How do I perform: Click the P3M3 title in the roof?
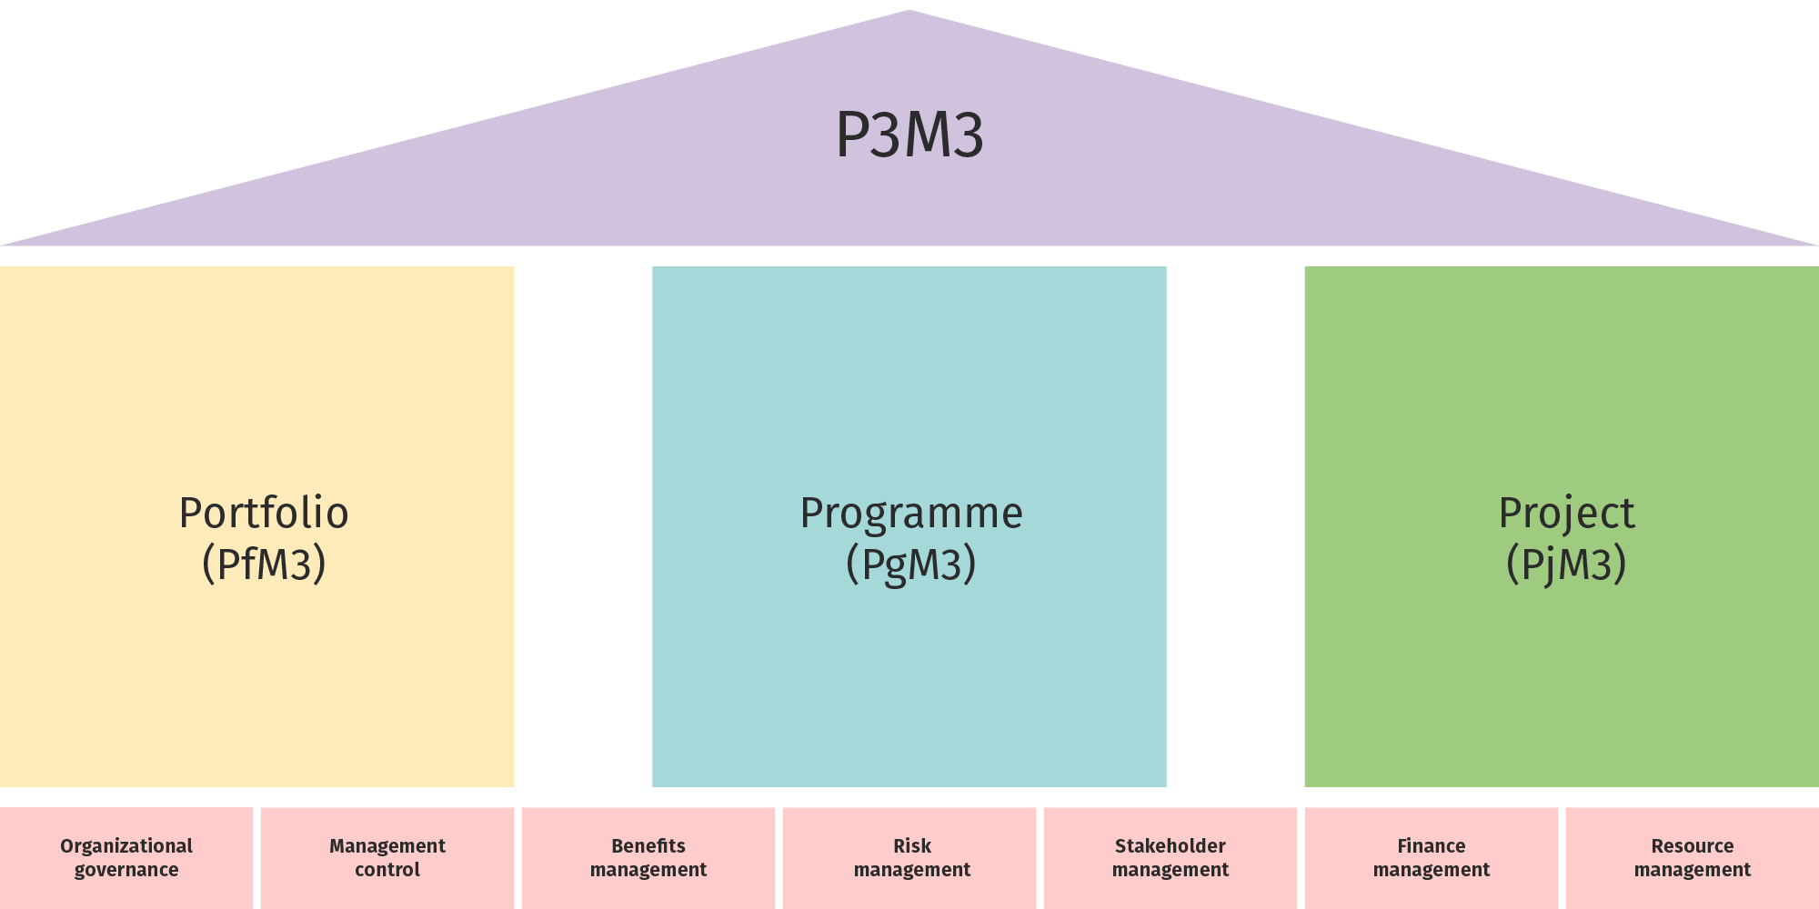909,135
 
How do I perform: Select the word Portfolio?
264,514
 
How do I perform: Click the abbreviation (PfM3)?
264,564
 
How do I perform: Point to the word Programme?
911,514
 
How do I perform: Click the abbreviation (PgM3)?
911,564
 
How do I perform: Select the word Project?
1566,514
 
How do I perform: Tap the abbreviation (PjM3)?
1566,564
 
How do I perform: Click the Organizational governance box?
126,858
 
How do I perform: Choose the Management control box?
387,858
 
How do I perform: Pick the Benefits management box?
648,858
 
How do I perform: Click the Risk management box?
911,858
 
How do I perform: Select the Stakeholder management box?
1171,858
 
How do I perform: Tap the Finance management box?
1432,858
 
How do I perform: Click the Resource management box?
1692,858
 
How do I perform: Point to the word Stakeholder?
1171,846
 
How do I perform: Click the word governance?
126,870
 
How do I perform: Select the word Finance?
1432,846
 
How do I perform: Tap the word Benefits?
648,846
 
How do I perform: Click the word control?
387,870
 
